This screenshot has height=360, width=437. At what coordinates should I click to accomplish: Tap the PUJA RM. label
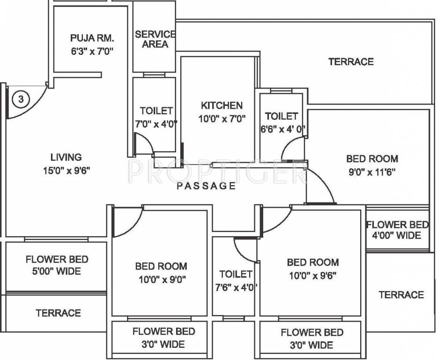pyautogui.click(x=92, y=37)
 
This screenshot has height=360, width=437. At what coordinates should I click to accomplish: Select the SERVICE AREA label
pyautogui.click(x=155, y=39)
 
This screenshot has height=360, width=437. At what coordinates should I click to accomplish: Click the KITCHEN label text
pyautogui.click(x=222, y=105)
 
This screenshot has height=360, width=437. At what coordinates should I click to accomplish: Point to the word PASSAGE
pyautogui.click(x=206, y=186)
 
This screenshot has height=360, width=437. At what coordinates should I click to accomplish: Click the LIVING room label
pyautogui.click(x=66, y=157)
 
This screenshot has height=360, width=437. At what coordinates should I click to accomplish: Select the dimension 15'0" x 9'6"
pyautogui.click(x=66, y=170)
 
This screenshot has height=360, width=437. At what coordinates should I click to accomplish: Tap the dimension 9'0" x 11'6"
pyautogui.click(x=372, y=172)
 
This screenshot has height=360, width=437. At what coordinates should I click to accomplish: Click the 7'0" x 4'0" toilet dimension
pyautogui.click(x=156, y=124)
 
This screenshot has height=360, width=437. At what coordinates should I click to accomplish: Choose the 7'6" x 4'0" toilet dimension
pyautogui.click(x=236, y=287)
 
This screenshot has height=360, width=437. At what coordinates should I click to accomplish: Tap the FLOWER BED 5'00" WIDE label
pyautogui.click(x=57, y=265)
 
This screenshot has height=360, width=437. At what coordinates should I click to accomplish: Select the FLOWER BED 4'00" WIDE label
pyautogui.click(x=397, y=230)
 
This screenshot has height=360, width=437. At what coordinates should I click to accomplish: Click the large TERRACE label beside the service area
pyautogui.click(x=351, y=61)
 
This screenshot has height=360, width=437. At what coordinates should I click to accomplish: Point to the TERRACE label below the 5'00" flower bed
pyautogui.click(x=58, y=313)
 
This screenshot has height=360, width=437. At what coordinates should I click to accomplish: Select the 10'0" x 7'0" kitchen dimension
pyautogui.click(x=222, y=119)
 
